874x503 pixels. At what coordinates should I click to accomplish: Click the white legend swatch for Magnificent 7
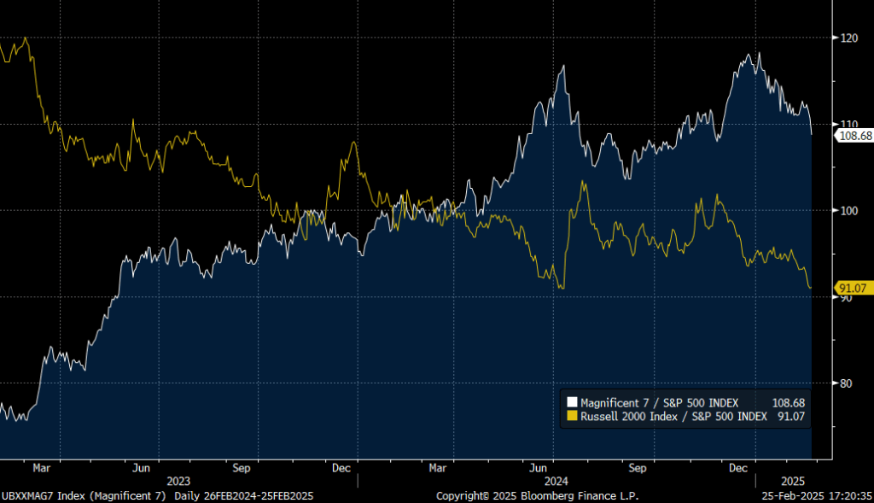point(573,402)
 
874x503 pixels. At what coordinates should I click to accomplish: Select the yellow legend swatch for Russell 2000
point(573,417)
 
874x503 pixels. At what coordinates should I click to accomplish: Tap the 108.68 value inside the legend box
point(788,402)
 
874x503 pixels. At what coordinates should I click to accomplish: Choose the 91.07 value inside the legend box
point(790,417)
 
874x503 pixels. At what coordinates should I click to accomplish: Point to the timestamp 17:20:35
point(848,495)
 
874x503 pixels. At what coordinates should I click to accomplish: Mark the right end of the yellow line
point(811,288)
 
